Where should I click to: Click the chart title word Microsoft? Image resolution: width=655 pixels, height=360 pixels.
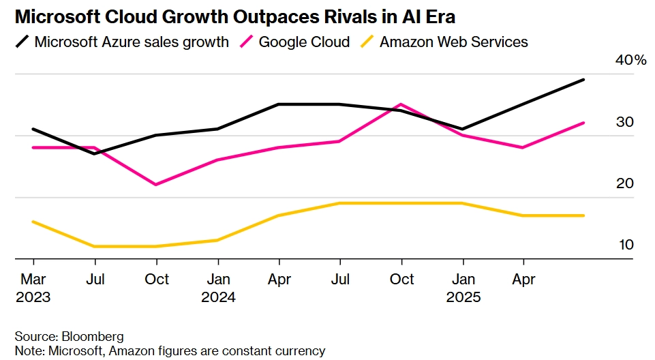58,15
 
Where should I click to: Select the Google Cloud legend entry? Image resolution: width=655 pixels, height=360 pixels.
304,42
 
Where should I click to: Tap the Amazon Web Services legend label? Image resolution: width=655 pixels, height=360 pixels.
453,42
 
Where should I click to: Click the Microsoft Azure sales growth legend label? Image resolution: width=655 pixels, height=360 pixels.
132,42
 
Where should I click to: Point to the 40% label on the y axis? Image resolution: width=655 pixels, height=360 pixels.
630,61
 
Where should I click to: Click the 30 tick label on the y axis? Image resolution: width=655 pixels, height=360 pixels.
625,122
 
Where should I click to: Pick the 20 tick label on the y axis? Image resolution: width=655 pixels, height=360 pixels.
625,183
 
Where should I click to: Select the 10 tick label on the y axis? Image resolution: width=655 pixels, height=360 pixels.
625,245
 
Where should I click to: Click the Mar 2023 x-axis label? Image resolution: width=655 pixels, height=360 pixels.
33,288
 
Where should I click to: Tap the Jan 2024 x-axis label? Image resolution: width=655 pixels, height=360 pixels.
218,288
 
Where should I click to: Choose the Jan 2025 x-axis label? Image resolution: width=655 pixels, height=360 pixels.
463,288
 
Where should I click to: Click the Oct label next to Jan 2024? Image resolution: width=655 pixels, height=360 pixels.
157,280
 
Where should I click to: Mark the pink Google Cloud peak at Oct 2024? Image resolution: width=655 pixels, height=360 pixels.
401,104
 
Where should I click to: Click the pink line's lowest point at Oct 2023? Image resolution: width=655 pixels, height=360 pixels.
157,185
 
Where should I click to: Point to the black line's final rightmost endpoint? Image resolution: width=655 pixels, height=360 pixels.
584,80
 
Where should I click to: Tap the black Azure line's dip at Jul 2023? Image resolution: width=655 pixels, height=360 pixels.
95,154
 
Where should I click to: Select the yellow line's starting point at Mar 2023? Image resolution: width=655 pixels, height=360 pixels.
33,222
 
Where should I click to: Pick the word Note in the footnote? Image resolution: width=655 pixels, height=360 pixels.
29,351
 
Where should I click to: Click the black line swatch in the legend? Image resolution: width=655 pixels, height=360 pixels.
22,42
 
